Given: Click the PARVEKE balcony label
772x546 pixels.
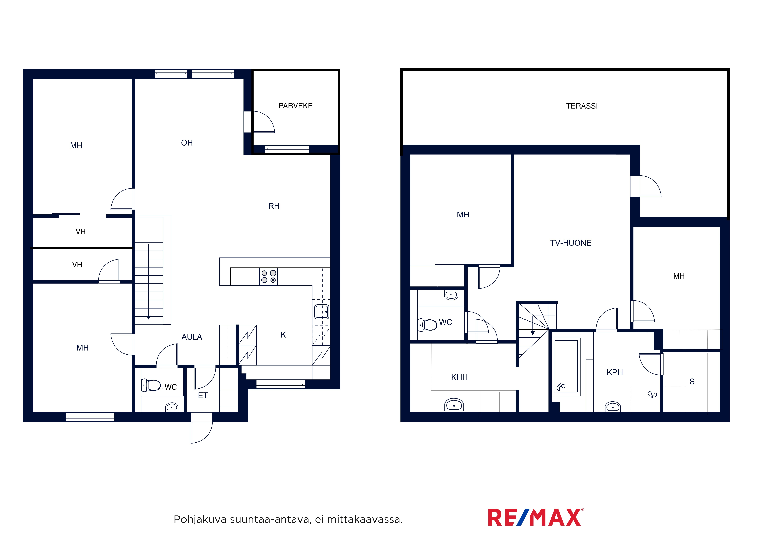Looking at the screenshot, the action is tap(296, 106).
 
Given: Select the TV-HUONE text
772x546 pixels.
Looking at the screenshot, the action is tap(571, 243).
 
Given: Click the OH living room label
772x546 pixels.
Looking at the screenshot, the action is tap(187, 143).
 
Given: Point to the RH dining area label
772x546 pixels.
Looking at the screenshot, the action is tap(274, 206).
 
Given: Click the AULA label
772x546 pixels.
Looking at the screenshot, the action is tap(192, 337).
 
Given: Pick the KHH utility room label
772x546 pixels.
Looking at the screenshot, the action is tap(459, 377).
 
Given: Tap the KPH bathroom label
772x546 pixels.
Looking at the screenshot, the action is tap(615, 372).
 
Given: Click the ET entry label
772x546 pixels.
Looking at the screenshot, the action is tap(203, 396).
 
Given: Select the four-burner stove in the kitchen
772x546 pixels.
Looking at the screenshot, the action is tap(268, 277).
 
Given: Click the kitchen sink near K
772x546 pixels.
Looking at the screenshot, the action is tap(322, 312).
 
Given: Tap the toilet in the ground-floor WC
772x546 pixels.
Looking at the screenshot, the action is tap(151, 385).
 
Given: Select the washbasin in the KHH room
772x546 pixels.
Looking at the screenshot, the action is tap(454, 405).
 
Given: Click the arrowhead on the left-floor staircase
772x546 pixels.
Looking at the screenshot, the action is tap(149, 317).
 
